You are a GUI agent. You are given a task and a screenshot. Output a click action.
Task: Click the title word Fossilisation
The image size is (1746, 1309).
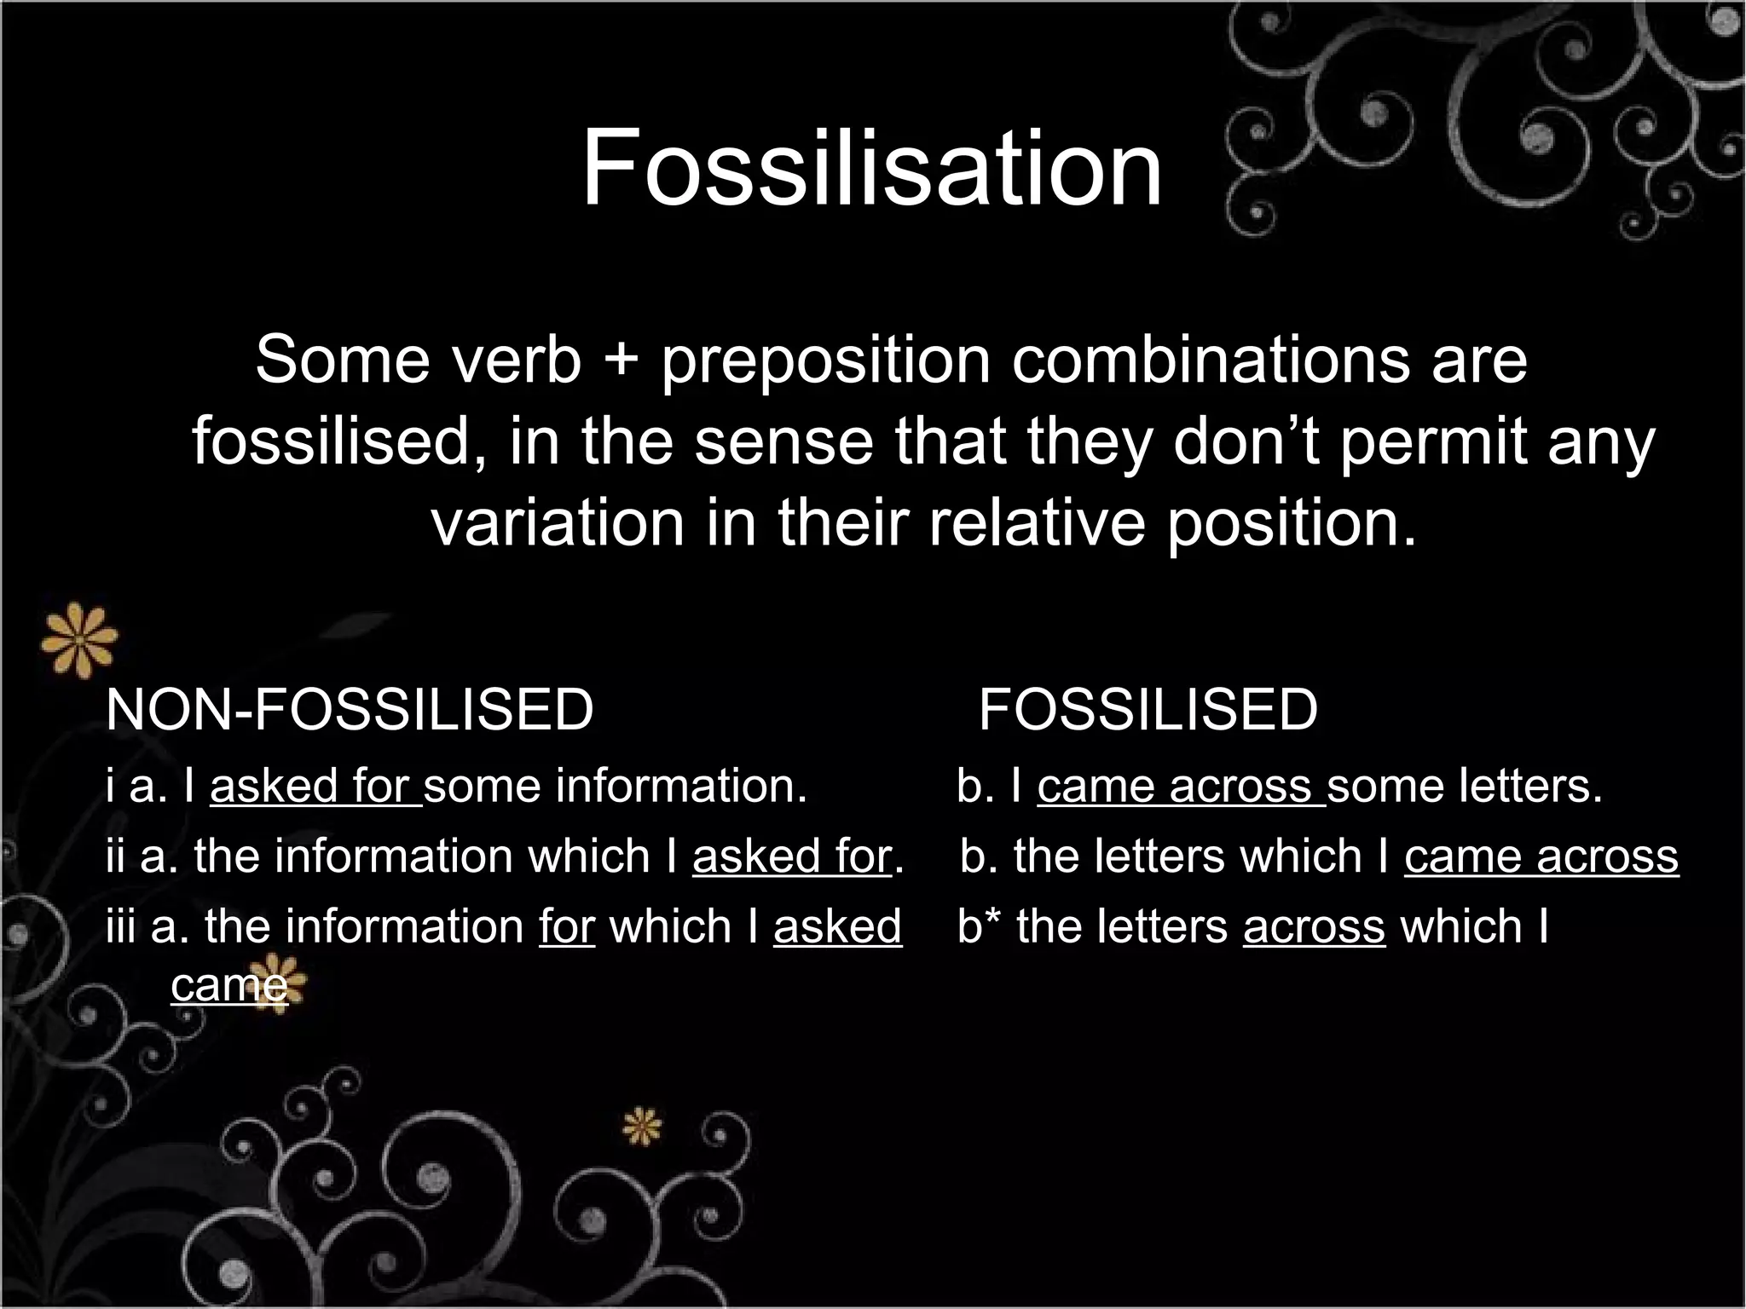(871, 167)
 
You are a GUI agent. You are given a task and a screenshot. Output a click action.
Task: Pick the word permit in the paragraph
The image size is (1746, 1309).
(1432, 443)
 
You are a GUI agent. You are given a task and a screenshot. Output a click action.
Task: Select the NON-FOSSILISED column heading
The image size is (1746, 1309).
(350, 709)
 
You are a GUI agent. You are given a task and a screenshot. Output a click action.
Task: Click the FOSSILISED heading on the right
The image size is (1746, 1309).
(1148, 709)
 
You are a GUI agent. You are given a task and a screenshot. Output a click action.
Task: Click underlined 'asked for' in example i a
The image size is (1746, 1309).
(315, 786)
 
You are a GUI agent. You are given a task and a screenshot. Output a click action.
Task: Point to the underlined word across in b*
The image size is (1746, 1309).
(1314, 926)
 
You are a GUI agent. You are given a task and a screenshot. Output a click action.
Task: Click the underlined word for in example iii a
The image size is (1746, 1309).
(567, 926)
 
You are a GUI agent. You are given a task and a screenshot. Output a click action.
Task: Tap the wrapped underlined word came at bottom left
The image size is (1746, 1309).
(229, 986)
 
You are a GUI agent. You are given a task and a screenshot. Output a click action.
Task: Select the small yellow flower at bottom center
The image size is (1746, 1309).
(641, 1127)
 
